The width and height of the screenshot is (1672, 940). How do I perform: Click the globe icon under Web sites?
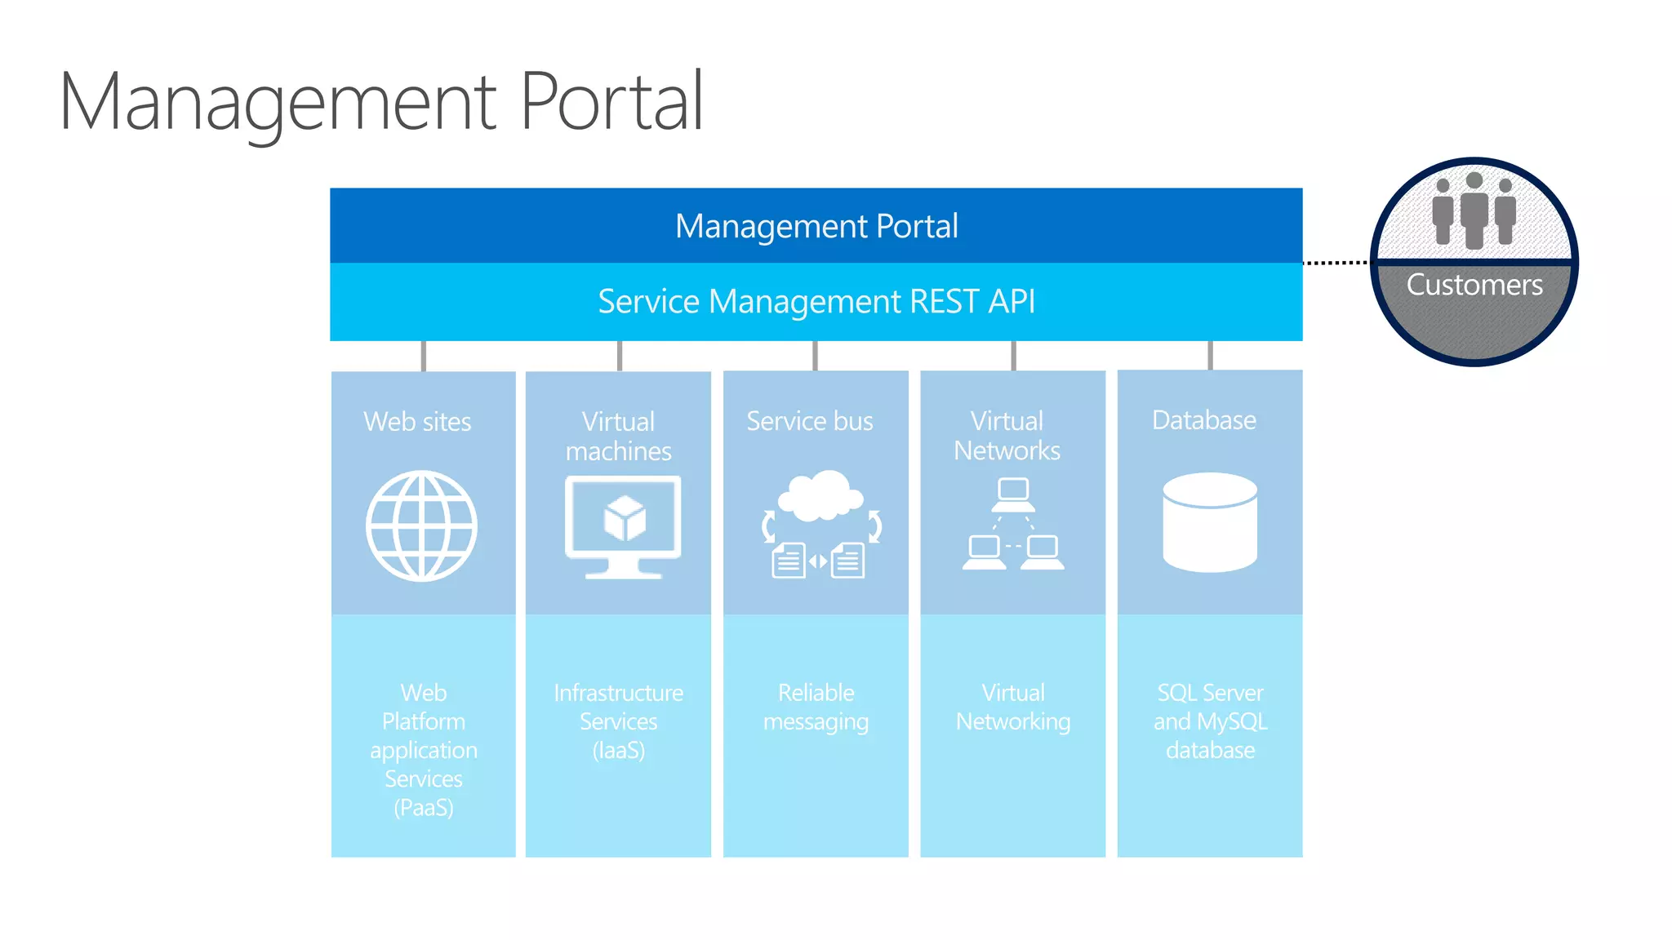(x=421, y=525)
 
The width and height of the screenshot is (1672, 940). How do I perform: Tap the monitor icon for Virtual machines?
(x=623, y=526)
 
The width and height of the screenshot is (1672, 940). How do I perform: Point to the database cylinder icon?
(x=1210, y=522)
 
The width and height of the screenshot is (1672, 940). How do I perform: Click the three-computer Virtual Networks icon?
(x=1013, y=524)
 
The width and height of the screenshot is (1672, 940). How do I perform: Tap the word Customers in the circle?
(x=1474, y=285)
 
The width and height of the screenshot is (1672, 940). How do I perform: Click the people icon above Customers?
(x=1474, y=210)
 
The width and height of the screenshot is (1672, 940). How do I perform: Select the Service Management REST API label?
(x=816, y=301)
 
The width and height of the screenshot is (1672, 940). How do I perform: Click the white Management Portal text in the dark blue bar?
(x=816, y=226)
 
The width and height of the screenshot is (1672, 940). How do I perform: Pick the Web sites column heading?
(x=417, y=422)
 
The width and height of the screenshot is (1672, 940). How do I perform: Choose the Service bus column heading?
(x=810, y=421)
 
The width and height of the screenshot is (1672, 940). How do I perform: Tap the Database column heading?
(x=1204, y=420)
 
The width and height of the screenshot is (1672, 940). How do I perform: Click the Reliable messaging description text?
(x=816, y=707)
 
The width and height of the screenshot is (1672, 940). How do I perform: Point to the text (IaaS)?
(x=619, y=750)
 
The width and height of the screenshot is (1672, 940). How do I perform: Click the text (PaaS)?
(x=424, y=808)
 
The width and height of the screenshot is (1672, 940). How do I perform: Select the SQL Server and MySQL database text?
(x=1210, y=721)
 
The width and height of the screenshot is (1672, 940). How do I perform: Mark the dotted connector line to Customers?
(x=1336, y=263)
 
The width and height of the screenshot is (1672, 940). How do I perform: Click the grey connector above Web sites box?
(x=423, y=356)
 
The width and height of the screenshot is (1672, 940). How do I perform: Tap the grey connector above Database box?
(x=1210, y=356)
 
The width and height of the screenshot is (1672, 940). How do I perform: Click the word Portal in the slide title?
(x=611, y=102)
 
